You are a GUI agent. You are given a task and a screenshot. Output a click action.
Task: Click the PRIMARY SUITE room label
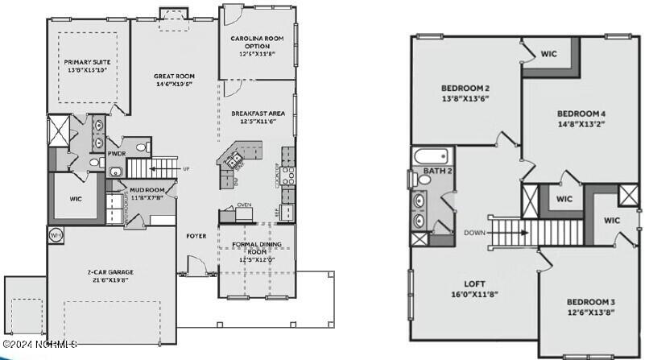(x=88, y=62)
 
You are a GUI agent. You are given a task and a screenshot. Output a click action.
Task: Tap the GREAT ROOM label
(x=175, y=77)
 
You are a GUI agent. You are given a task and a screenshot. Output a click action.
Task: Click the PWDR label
(x=116, y=152)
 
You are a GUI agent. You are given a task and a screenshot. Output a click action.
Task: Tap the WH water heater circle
(x=56, y=235)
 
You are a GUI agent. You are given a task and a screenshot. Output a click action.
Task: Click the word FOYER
(x=196, y=236)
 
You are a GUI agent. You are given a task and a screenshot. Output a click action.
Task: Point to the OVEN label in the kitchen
(x=244, y=205)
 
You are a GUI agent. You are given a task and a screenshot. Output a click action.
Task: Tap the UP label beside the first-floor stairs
(x=187, y=169)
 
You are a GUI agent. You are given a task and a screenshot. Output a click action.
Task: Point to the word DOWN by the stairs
(x=475, y=233)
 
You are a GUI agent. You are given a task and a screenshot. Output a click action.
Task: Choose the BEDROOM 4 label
(x=581, y=114)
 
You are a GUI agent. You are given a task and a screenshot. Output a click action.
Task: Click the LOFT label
(x=473, y=283)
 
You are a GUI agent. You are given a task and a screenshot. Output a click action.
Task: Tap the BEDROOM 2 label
(x=465, y=88)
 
